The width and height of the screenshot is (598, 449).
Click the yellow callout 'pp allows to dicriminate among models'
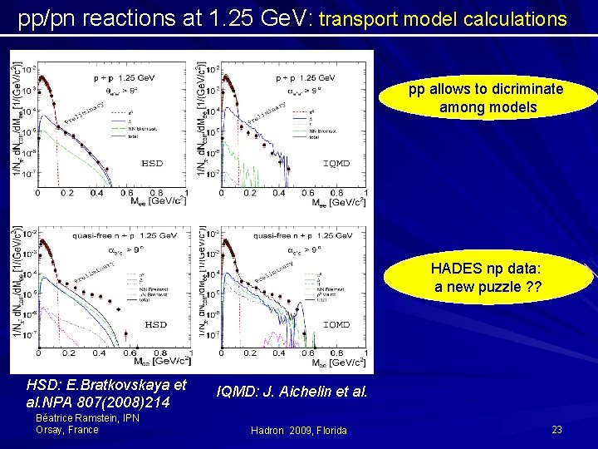[485, 98]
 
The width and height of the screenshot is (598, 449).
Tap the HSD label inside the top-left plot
[153, 164]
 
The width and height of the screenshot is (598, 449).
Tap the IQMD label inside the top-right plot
[336, 164]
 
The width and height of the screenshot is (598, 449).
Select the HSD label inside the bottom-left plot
[156, 324]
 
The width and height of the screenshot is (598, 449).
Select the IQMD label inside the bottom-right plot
[336, 324]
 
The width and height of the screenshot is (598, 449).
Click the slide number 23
[556, 430]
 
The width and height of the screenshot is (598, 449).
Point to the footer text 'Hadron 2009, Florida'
[299, 430]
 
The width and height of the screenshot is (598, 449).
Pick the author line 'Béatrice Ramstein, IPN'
[88, 418]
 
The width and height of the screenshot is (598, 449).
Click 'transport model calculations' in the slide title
[443, 18]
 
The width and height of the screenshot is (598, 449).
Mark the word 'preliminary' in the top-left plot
[83, 116]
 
